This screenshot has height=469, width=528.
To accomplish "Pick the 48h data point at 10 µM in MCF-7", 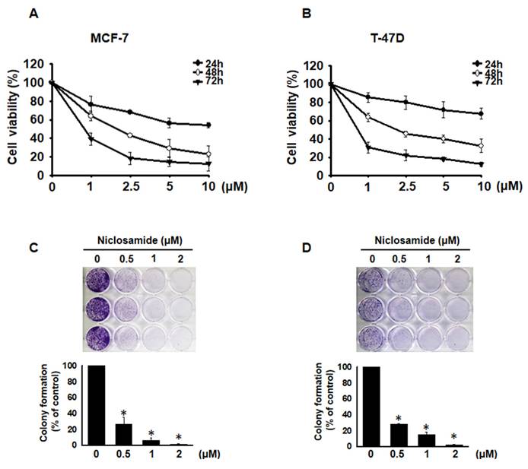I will (x=208, y=154).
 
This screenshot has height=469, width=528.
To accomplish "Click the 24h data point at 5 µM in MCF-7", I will (x=171, y=122).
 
